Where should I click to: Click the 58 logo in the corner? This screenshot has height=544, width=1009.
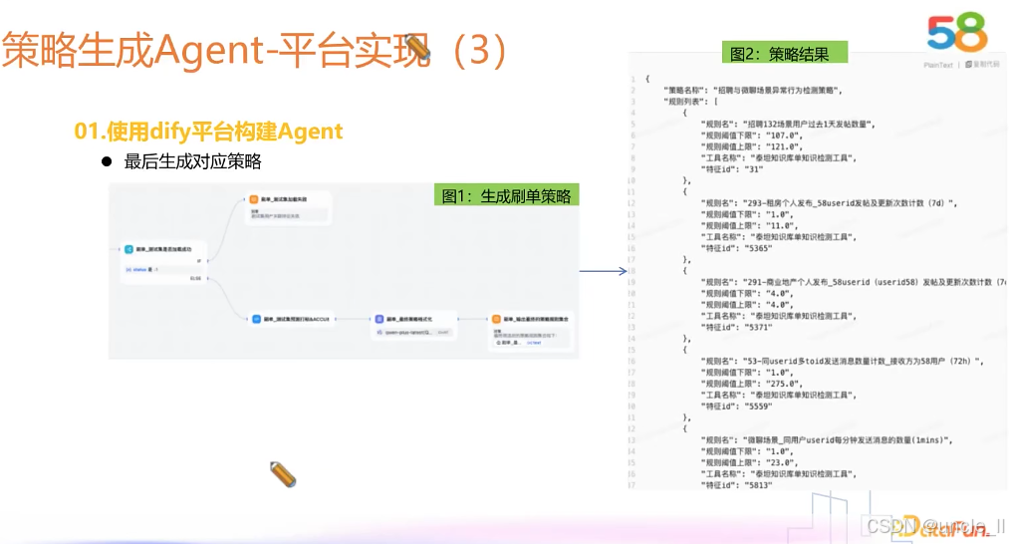pyautogui.click(x=957, y=33)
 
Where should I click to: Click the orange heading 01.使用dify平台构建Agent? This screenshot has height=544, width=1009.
pyautogui.click(x=208, y=131)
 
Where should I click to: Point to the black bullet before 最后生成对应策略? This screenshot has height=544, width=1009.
pyautogui.click(x=105, y=161)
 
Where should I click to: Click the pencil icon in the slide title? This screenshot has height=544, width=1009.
pyautogui.click(x=417, y=49)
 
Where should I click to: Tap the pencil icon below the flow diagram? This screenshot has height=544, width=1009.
pyautogui.click(x=284, y=474)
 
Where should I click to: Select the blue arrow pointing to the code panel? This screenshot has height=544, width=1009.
pyautogui.click(x=603, y=270)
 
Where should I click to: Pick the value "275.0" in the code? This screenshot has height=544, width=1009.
pyautogui.click(x=780, y=384)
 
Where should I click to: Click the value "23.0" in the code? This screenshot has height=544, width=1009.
pyautogui.click(x=777, y=462)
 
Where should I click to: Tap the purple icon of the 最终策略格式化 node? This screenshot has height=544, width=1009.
pyautogui.click(x=378, y=319)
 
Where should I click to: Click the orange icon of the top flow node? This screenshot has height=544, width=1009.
pyautogui.click(x=254, y=200)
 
